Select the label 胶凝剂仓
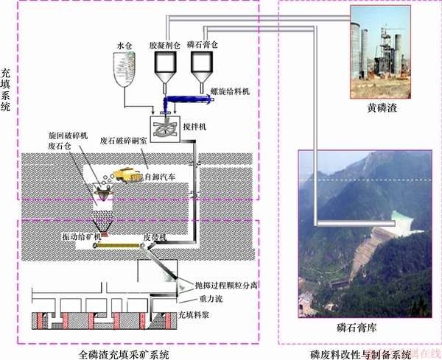pyautogui.click(x=164, y=44)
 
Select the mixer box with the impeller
pyautogui.click(x=166, y=128)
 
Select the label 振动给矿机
pyautogui.click(x=79, y=238)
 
